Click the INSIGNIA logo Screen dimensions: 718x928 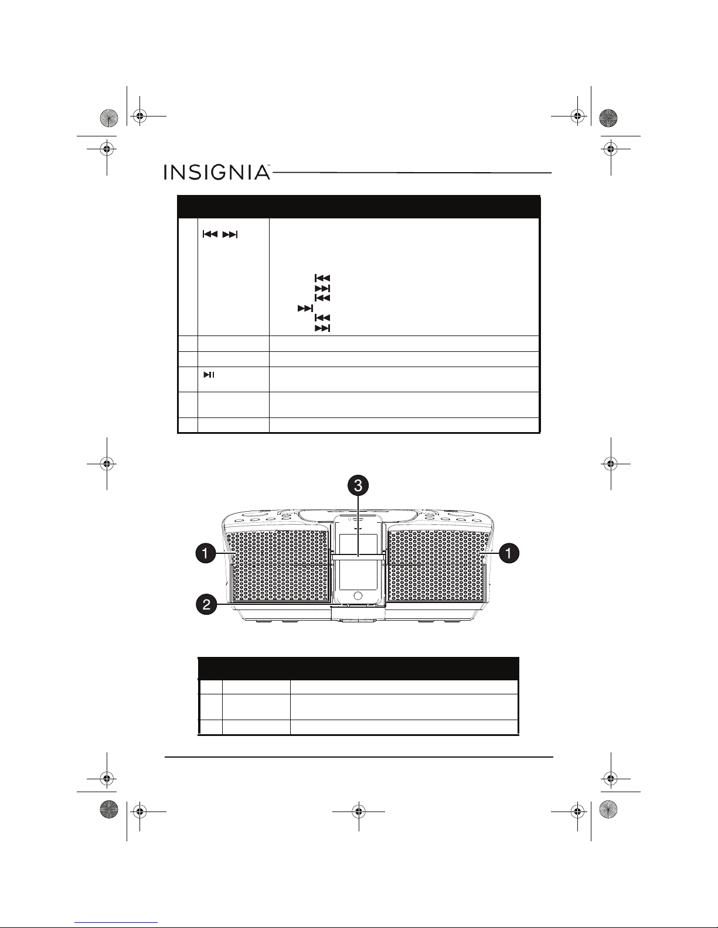coord(217,172)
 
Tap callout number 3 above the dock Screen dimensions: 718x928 coord(358,485)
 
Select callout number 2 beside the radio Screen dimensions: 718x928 coord(206,605)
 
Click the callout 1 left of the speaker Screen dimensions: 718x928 coord(206,553)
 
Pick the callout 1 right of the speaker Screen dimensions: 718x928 coord(509,553)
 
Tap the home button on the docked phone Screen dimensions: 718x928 coord(358,595)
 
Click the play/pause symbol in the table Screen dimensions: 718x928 coord(209,375)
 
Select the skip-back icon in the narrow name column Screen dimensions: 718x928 coord(210,234)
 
